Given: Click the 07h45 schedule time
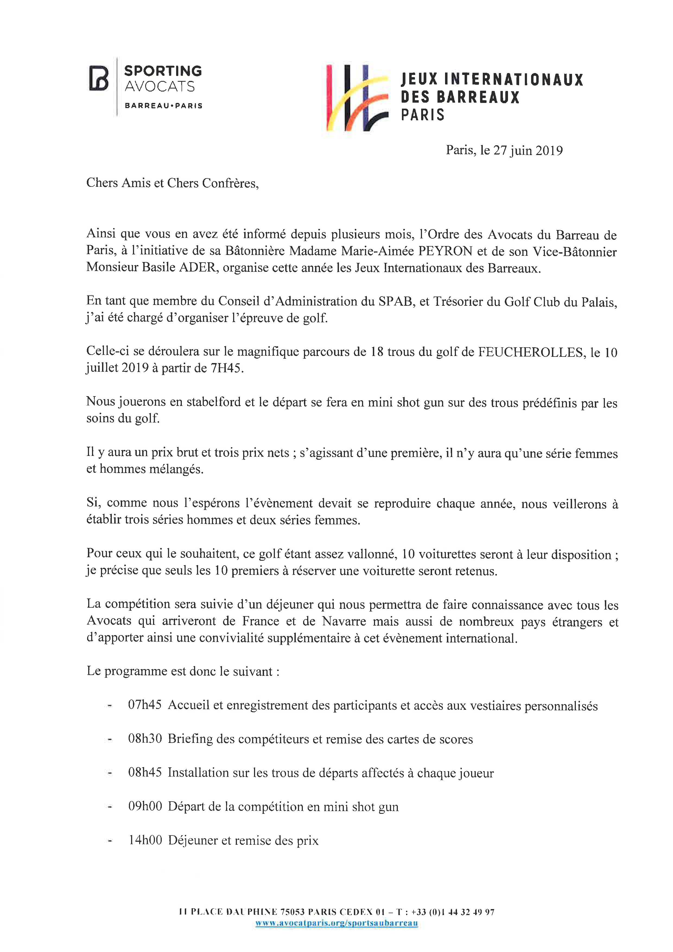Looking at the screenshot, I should coord(145,705).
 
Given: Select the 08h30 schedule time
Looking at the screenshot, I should coord(145,739).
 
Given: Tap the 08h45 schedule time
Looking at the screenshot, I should coord(145,773).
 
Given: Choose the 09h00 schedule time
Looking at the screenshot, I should coord(145,806).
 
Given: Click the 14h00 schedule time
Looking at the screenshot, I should coord(145,840).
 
